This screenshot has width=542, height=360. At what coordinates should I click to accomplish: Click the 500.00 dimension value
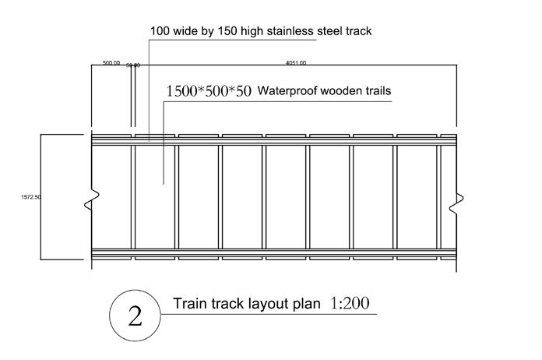click(111, 62)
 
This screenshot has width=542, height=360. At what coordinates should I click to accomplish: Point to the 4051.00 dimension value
click(297, 62)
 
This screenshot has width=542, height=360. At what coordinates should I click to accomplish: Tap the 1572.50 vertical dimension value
click(31, 197)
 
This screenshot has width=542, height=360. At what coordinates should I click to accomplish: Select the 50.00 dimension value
click(132, 65)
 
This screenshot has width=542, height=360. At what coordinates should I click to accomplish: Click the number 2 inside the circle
click(135, 316)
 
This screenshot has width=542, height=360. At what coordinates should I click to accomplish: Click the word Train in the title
click(190, 303)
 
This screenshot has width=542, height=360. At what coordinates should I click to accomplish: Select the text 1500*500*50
click(208, 91)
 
